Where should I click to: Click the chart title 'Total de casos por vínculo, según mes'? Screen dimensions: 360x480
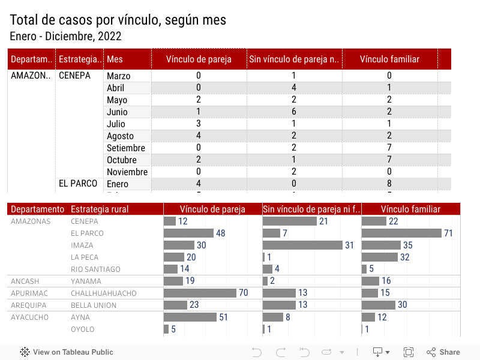(x=118, y=20)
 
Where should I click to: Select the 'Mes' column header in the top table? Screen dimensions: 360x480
(x=115, y=59)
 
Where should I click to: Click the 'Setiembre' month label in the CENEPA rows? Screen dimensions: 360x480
(x=126, y=148)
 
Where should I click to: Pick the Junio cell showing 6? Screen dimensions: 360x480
(x=294, y=112)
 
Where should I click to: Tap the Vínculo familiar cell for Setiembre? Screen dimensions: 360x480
(x=389, y=148)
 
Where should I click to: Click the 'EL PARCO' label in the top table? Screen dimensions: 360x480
(x=78, y=184)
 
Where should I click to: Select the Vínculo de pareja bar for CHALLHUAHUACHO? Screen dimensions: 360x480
(x=200, y=293)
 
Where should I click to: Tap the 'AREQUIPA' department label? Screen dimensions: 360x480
(x=29, y=305)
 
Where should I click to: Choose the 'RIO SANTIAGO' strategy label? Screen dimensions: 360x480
(x=95, y=269)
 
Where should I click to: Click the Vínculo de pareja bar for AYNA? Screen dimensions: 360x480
(x=190, y=317)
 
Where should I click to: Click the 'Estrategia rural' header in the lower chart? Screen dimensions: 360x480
(x=100, y=209)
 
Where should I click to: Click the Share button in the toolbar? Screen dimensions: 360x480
(x=443, y=352)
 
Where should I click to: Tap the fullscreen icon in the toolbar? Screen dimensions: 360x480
(x=409, y=352)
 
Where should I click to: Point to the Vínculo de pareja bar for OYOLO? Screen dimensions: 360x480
(x=166, y=329)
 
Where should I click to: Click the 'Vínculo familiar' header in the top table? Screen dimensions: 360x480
(x=389, y=59)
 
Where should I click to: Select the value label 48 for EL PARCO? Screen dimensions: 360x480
(x=221, y=233)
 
